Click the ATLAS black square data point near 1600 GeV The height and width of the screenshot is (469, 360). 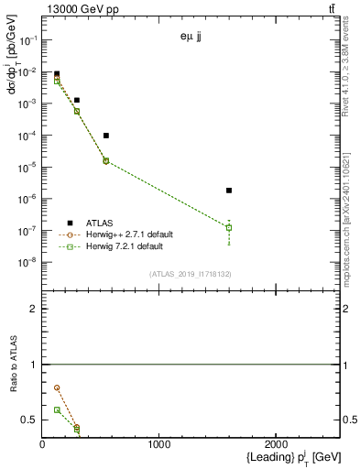[x=229, y=191]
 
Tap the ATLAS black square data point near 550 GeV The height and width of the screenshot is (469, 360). [x=106, y=136]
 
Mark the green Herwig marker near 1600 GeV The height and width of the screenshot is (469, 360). [x=229, y=227]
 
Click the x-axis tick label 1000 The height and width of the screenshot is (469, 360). [x=158, y=445]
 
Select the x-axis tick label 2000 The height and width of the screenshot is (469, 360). [x=276, y=445]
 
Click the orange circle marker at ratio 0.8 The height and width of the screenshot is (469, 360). [x=57, y=387]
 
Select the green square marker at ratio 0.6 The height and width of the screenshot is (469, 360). [x=57, y=409]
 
